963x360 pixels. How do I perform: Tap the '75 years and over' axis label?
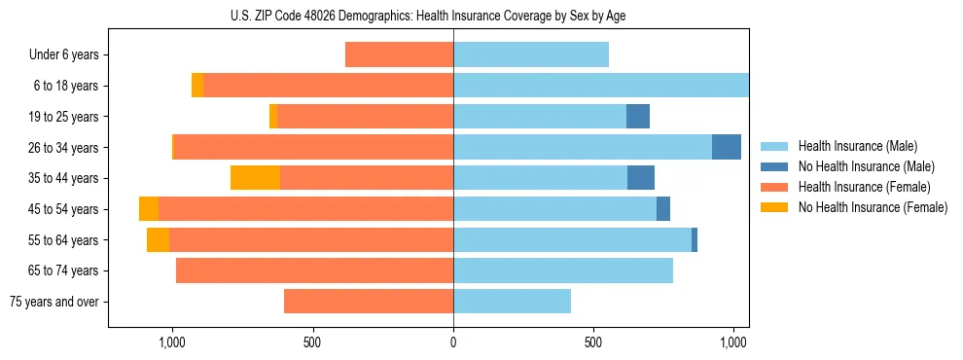click(x=56, y=302)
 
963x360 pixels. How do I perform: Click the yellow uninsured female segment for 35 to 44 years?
click(x=255, y=178)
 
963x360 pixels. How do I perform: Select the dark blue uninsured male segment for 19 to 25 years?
click(x=638, y=117)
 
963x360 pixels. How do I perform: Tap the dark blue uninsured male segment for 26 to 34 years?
click(x=727, y=147)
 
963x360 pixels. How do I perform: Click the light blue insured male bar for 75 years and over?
click(x=512, y=302)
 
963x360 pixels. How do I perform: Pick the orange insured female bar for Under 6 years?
click(x=399, y=55)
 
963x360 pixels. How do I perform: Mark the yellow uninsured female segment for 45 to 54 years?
click(x=149, y=209)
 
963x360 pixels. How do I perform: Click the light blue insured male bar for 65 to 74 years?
click(x=563, y=270)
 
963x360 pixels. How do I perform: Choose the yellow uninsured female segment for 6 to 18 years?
click(x=197, y=86)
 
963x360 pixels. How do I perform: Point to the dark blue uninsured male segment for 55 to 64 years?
click(x=695, y=239)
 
